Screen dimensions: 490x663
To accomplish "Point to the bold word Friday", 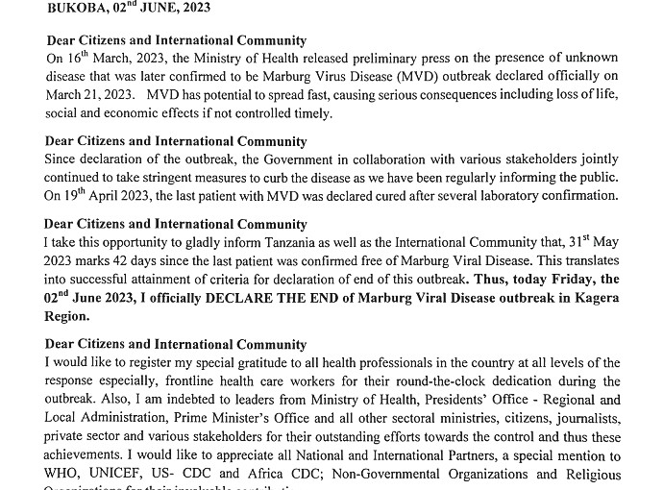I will (x=560, y=280).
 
